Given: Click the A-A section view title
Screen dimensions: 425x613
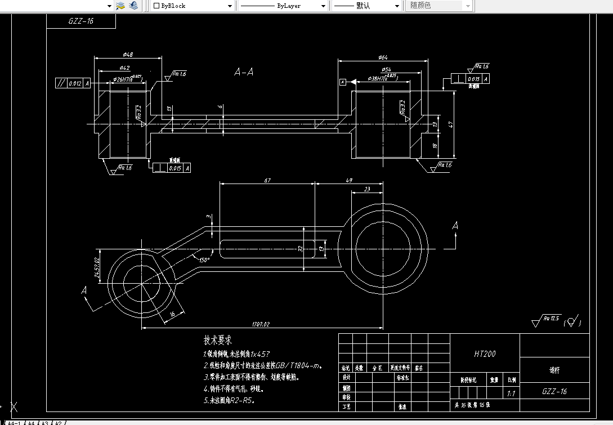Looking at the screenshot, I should coord(244,72).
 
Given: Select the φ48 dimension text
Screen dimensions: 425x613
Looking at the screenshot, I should coord(127,55).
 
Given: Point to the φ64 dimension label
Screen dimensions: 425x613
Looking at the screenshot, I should coord(383,57).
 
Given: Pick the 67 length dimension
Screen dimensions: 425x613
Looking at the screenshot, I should coord(267,180).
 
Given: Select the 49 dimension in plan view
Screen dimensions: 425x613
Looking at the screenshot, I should coord(348,180).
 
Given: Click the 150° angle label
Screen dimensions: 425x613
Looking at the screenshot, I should coord(204,260).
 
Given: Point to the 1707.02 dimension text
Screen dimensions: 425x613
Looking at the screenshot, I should coord(261,324).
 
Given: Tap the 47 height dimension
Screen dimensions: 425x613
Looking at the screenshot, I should coord(450,124).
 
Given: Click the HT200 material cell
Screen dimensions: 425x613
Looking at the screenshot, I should coord(485,354).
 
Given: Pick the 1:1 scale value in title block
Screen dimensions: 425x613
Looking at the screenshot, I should coord(511,393).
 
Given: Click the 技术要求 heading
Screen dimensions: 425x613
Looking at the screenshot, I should coord(217,341).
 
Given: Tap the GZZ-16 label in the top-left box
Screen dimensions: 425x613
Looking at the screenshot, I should coord(81,21).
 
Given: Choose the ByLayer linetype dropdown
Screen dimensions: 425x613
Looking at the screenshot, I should coord(283,6).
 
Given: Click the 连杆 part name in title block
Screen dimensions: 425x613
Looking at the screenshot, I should coord(554,370).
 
